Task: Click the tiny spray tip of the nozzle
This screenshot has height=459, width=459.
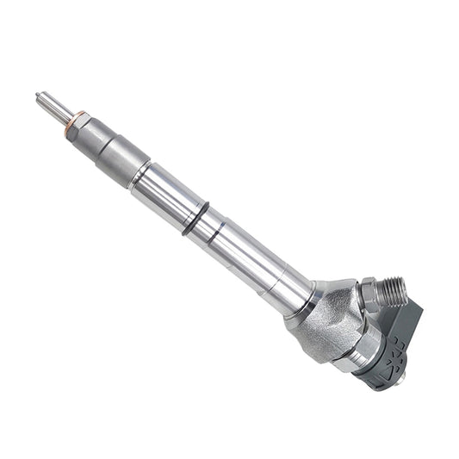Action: coord(38,94)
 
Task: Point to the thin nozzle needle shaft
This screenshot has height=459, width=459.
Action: coord(54,105)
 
